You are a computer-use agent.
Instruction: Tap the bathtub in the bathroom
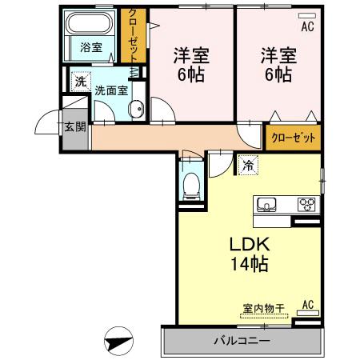coord(92,22)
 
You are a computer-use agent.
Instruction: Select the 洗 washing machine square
coord(80,81)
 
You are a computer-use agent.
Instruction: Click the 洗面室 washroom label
coord(111,90)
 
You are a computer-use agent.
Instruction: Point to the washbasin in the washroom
coord(135,110)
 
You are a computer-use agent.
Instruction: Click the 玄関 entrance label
coord(75,126)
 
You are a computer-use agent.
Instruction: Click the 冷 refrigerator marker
coord(247,166)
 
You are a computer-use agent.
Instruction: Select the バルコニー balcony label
coord(242,341)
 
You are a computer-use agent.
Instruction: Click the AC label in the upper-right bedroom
coord(307,26)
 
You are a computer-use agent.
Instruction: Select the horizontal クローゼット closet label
coord(294,137)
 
